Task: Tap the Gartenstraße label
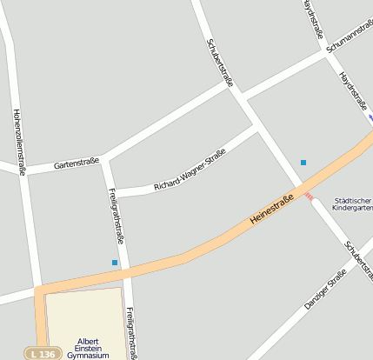click(77, 162)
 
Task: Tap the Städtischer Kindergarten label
click(353, 204)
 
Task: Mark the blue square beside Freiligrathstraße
click(115, 263)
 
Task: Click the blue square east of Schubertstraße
click(303, 163)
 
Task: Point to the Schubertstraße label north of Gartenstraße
click(221, 63)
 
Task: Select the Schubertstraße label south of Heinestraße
click(358, 261)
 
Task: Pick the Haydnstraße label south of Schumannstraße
click(353, 91)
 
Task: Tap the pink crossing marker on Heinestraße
click(309, 197)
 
